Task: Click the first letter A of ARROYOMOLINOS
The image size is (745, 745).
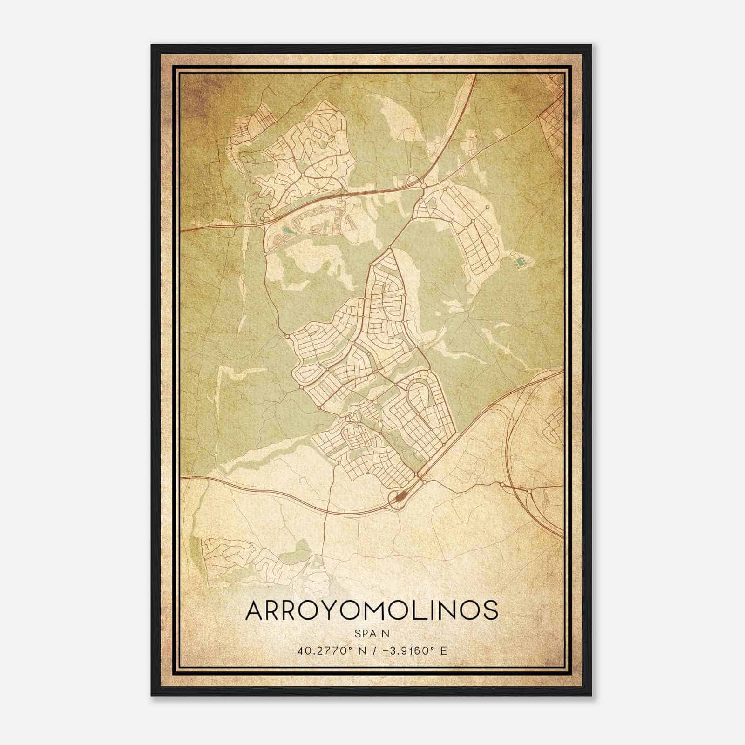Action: pyautogui.click(x=255, y=611)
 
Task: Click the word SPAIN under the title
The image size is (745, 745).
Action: pyautogui.click(x=372, y=634)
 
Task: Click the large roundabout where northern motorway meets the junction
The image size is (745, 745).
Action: pyautogui.click(x=423, y=186)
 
